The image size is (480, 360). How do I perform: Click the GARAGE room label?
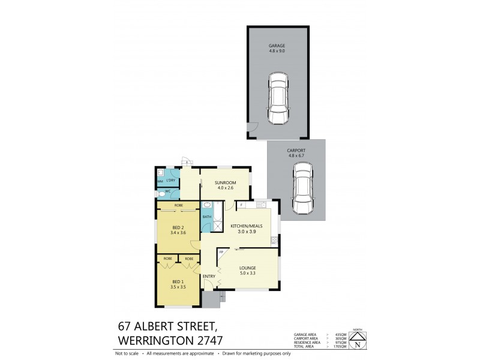tap(277, 45)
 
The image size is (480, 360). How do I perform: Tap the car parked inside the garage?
tap(277, 98)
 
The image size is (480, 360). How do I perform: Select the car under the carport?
tap(302, 190)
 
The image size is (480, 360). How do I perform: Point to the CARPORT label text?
tap(296, 150)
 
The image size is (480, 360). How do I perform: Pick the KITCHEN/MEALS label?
tap(247, 226)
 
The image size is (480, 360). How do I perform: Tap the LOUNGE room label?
tap(247, 268)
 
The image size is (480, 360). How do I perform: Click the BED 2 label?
tap(179, 227)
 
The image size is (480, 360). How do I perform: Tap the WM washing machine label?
tap(160, 181)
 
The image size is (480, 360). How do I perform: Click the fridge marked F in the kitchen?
tap(241, 205)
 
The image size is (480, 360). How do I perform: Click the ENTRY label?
tap(209, 276)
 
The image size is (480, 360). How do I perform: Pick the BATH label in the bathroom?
tap(206, 217)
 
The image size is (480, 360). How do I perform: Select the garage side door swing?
tap(253, 128)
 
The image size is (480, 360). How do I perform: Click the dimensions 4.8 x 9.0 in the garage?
tap(277, 51)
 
